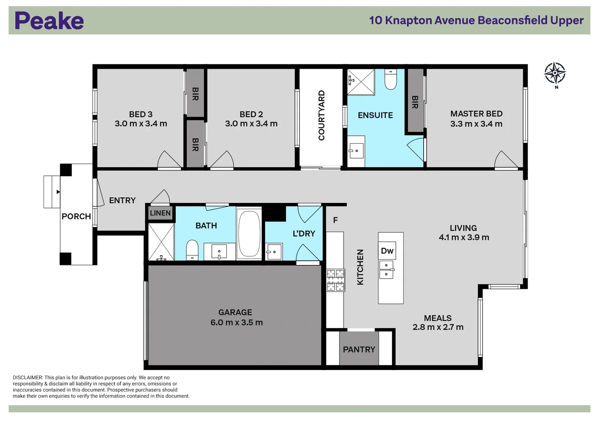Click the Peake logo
[49, 20]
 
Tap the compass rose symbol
[555, 73]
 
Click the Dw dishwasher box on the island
[387, 251]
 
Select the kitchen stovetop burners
[335, 280]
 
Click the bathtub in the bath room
[249, 234]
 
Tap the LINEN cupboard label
[160, 213]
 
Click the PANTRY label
[359, 349]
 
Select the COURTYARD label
[322, 115]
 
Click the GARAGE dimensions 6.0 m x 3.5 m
[237, 323]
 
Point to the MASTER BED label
[476, 114]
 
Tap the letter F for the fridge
[335, 220]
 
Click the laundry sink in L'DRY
[274, 252]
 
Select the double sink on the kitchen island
[386, 270]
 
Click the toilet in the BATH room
[192, 250]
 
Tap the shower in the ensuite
[361, 82]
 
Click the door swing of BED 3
[169, 160]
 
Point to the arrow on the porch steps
[58, 192]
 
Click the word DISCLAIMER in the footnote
[27, 378]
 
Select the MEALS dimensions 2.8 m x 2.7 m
[438, 327]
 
